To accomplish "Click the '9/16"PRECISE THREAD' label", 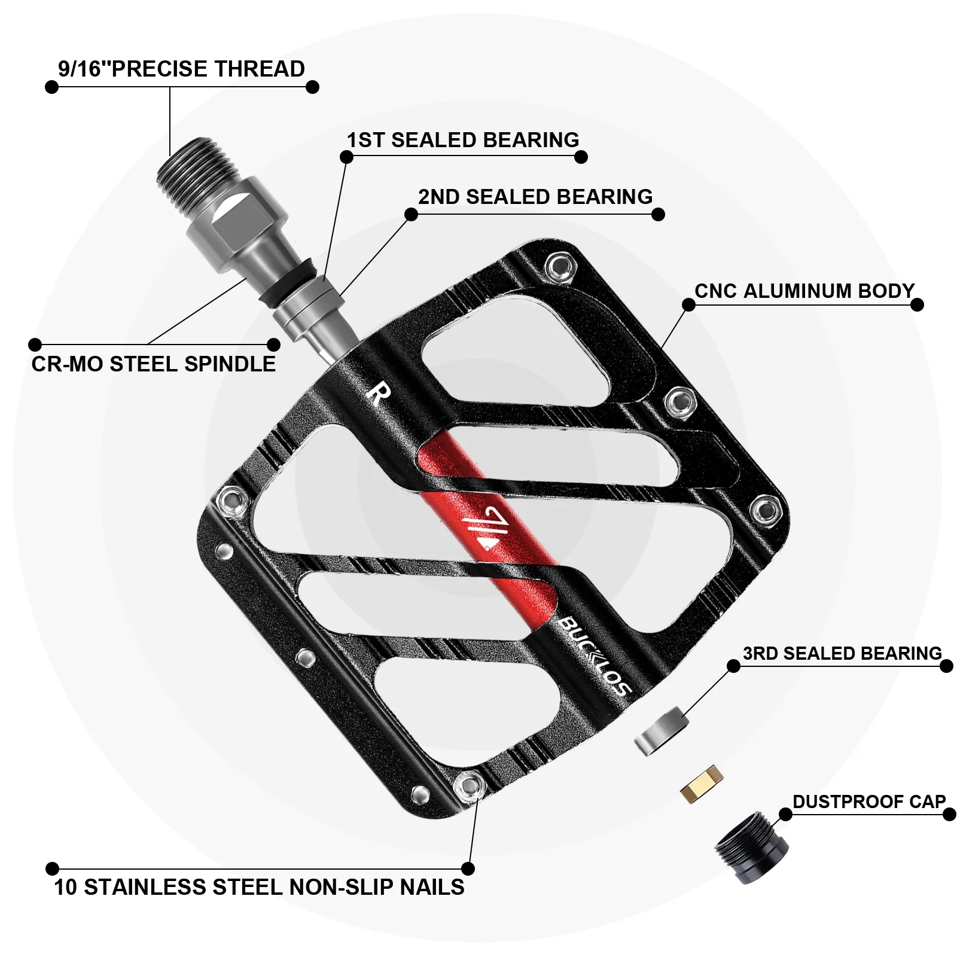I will [x=181, y=69].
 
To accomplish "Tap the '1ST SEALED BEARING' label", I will [x=463, y=140].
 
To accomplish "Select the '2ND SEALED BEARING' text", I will [x=535, y=197].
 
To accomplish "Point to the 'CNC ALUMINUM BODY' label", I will [x=804, y=291].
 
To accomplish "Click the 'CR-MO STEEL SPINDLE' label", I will [x=154, y=364].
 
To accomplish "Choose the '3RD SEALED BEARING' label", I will [x=842, y=653].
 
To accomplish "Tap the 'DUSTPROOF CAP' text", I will [x=869, y=801].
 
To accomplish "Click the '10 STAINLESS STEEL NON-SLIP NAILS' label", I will [x=259, y=887].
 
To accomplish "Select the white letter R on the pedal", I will [x=379, y=395].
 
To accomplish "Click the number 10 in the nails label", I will [x=66, y=887].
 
